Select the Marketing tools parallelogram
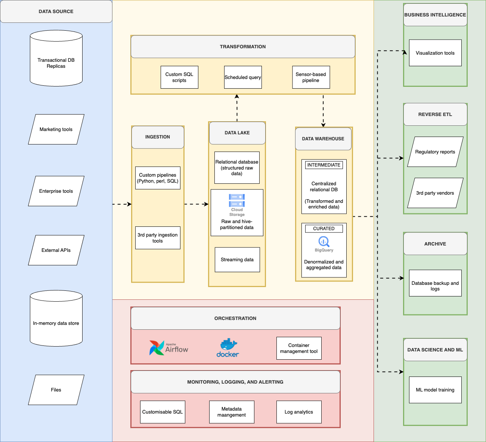click(56, 129)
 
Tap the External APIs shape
click(56, 250)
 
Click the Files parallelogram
click(56, 390)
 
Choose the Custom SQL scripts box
click(179, 77)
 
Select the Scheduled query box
click(243, 77)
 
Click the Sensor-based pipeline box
click(311, 77)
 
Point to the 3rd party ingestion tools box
click(158, 238)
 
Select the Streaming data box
click(237, 260)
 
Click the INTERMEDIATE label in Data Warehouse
click(324, 165)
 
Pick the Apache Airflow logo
click(168, 348)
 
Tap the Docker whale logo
click(227, 348)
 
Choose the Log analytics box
click(299, 412)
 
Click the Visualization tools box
click(435, 53)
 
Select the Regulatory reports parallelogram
click(435, 152)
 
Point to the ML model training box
click(435, 390)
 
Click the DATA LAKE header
click(237, 133)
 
